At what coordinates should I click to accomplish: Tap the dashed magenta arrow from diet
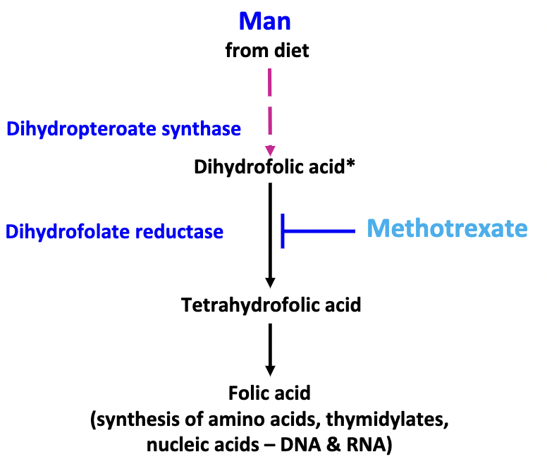coord(270,106)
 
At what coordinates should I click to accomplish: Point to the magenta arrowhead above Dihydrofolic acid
coord(270,150)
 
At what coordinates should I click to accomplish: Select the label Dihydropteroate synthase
coord(123,129)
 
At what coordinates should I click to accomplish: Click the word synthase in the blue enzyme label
coord(207,129)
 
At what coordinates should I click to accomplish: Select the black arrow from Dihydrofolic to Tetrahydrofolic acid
coord(270,233)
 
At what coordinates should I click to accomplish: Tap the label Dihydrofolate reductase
coord(114,231)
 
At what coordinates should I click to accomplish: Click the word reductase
coord(185,231)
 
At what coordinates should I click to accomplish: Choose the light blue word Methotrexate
coord(447,228)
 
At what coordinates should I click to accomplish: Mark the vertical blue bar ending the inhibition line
coord(283,230)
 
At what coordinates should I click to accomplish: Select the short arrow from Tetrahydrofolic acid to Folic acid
coord(270,349)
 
